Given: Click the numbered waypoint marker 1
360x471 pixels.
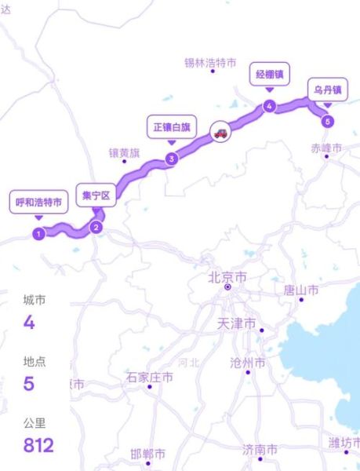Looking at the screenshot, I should pos(38,233).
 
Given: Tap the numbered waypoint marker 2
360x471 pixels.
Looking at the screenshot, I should pos(96,228).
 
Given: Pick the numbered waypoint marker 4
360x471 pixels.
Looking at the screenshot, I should pos(269,107).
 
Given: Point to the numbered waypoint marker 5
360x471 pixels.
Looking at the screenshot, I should pos(327,121).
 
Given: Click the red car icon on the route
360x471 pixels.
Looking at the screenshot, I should pos(221,133).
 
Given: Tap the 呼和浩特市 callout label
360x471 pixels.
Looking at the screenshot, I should pos(38,202).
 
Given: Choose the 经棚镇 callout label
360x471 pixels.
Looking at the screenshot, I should pos(269,75).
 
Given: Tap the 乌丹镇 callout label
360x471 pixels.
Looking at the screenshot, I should pos(327,89).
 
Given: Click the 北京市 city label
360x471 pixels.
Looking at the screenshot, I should pos(227,277).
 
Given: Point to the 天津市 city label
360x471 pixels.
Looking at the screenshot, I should pos(236,323).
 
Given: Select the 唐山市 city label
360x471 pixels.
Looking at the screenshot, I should pos(301,290).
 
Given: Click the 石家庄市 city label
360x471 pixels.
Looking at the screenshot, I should pos(149,378).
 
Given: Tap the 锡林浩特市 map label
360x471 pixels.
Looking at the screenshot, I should pos(210,63).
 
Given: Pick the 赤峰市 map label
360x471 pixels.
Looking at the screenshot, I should pos(326,148).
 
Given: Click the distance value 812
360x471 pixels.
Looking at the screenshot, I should pos(38,446).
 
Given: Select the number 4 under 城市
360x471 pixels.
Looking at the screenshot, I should pos(30,322).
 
